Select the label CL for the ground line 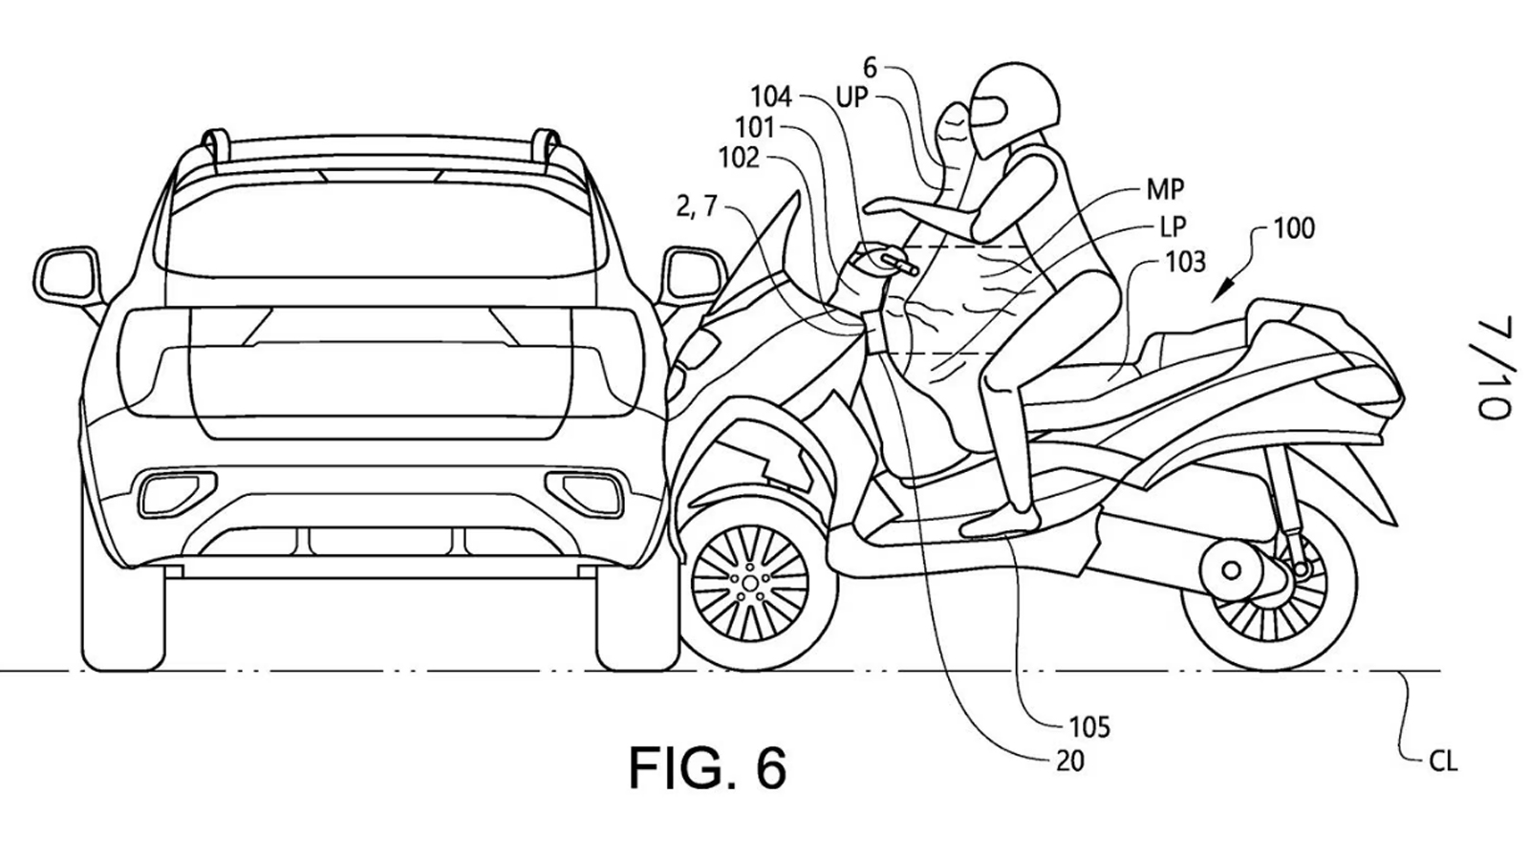[x=1443, y=762]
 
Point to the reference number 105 [x=1089, y=727]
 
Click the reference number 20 [x=1070, y=762]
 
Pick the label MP [x=1165, y=189]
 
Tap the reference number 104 [x=770, y=97]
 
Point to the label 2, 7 [x=696, y=206]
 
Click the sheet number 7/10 [x=1496, y=368]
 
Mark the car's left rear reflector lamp [x=164, y=494]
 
